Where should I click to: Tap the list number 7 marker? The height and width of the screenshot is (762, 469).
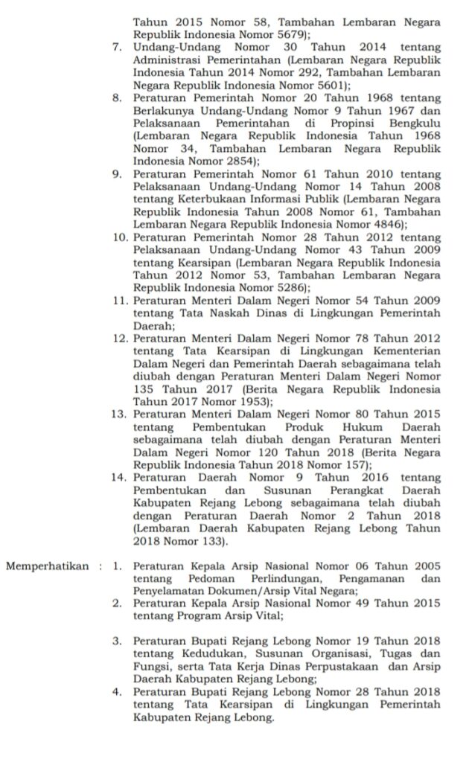click(117, 46)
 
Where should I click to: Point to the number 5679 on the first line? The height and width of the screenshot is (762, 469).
click(286, 33)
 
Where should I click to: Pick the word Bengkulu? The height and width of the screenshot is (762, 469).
click(415, 123)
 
